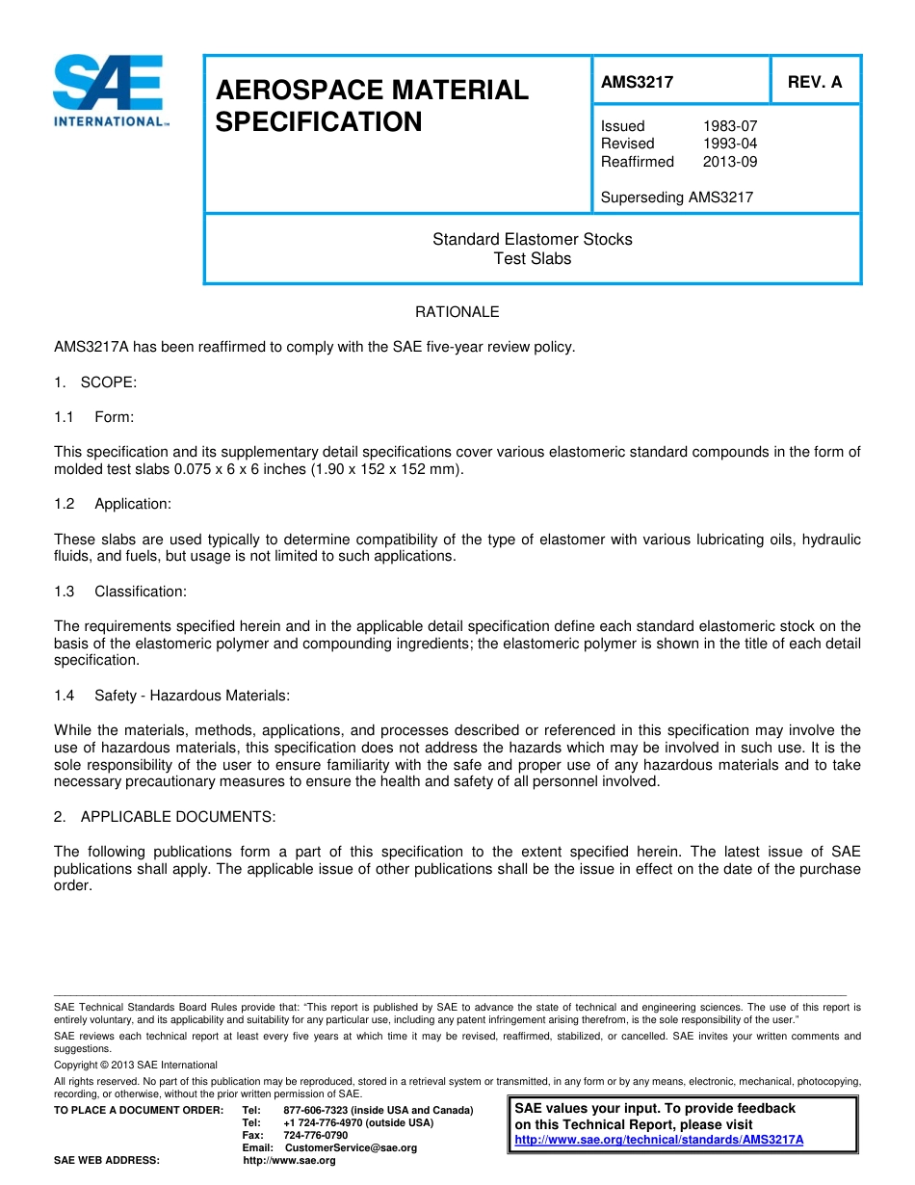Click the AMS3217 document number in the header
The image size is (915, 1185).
tap(637, 83)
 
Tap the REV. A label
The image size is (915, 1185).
tap(814, 83)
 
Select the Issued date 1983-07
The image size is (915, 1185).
tap(729, 126)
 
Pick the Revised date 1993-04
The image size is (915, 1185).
tap(729, 144)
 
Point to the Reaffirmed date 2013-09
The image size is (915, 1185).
tap(729, 162)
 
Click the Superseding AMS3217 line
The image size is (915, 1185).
tap(676, 197)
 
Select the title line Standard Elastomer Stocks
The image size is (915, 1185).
tap(532, 239)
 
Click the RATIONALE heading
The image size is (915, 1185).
tap(457, 312)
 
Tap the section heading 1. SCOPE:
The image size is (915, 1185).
tap(95, 382)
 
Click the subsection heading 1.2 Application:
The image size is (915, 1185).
tap(114, 504)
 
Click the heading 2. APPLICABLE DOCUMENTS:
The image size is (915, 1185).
tap(165, 817)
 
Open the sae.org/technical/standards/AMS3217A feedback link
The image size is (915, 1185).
tap(659, 1140)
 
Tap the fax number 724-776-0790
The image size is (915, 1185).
tap(316, 1136)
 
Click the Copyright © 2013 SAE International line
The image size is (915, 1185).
tap(136, 1065)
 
